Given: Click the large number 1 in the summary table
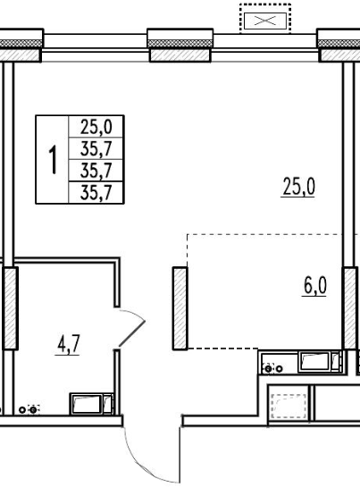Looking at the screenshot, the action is (x=54, y=160).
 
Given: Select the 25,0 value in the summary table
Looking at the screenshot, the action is (x=96, y=127).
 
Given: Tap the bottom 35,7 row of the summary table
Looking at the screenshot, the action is (x=96, y=193).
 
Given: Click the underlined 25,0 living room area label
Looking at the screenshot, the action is (x=299, y=187).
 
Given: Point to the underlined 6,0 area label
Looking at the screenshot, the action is (x=314, y=286).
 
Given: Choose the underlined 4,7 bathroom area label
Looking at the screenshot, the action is (x=68, y=345).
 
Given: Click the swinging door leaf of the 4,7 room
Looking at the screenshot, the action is (x=132, y=333).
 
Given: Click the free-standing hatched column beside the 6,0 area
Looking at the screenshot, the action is (x=180, y=308).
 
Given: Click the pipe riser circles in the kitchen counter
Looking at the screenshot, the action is (x=273, y=369).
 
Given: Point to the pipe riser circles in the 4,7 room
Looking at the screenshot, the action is (x=29, y=409).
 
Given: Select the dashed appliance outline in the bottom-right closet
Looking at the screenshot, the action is (x=289, y=406).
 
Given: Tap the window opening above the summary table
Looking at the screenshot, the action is (x=95, y=47).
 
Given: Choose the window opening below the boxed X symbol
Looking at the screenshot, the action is (x=265, y=47).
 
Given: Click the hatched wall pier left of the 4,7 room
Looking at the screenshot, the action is (x=10, y=308).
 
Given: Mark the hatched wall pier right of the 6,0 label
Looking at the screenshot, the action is (x=349, y=308).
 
